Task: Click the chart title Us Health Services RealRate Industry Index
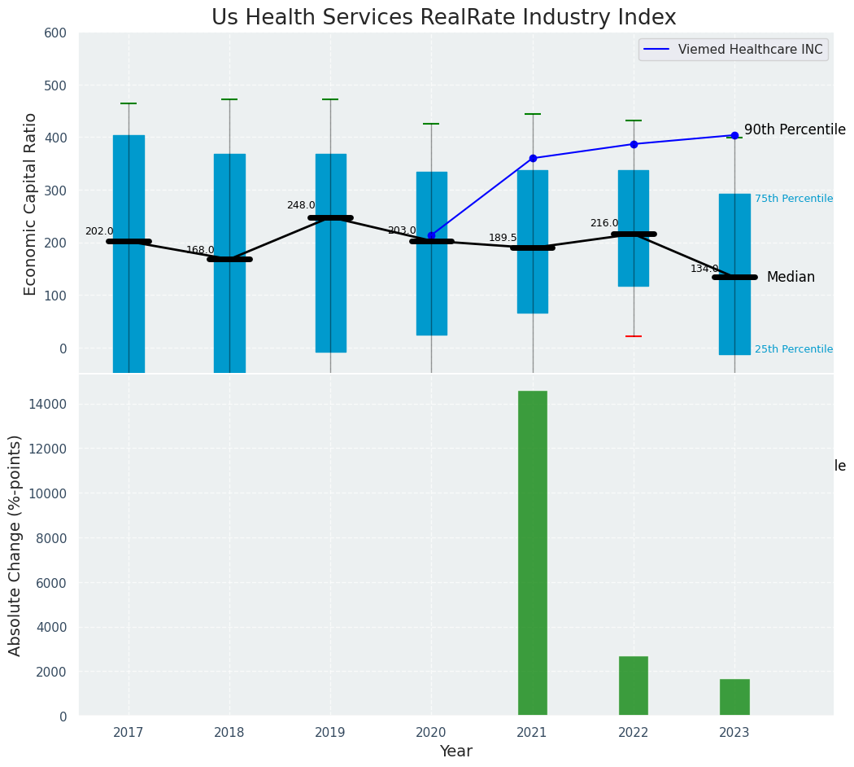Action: (x=443, y=17)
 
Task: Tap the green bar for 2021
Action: (x=533, y=553)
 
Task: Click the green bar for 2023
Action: (x=734, y=697)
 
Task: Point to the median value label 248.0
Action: (x=301, y=205)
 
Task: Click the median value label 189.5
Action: (x=503, y=238)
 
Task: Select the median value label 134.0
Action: (x=704, y=269)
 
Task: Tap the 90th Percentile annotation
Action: (x=795, y=130)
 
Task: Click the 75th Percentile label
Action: (x=793, y=199)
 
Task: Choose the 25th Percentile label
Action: (x=793, y=349)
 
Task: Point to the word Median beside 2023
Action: (x=791, y=278)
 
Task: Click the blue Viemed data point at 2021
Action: (x=533, y=158)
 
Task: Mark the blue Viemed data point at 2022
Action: (x=634, y=144)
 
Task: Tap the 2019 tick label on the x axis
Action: (x=330, y=733)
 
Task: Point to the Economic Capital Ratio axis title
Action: (x=31, y=204)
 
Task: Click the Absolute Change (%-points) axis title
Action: (x=15, y=545)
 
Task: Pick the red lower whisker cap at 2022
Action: (x=634, y=336)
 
